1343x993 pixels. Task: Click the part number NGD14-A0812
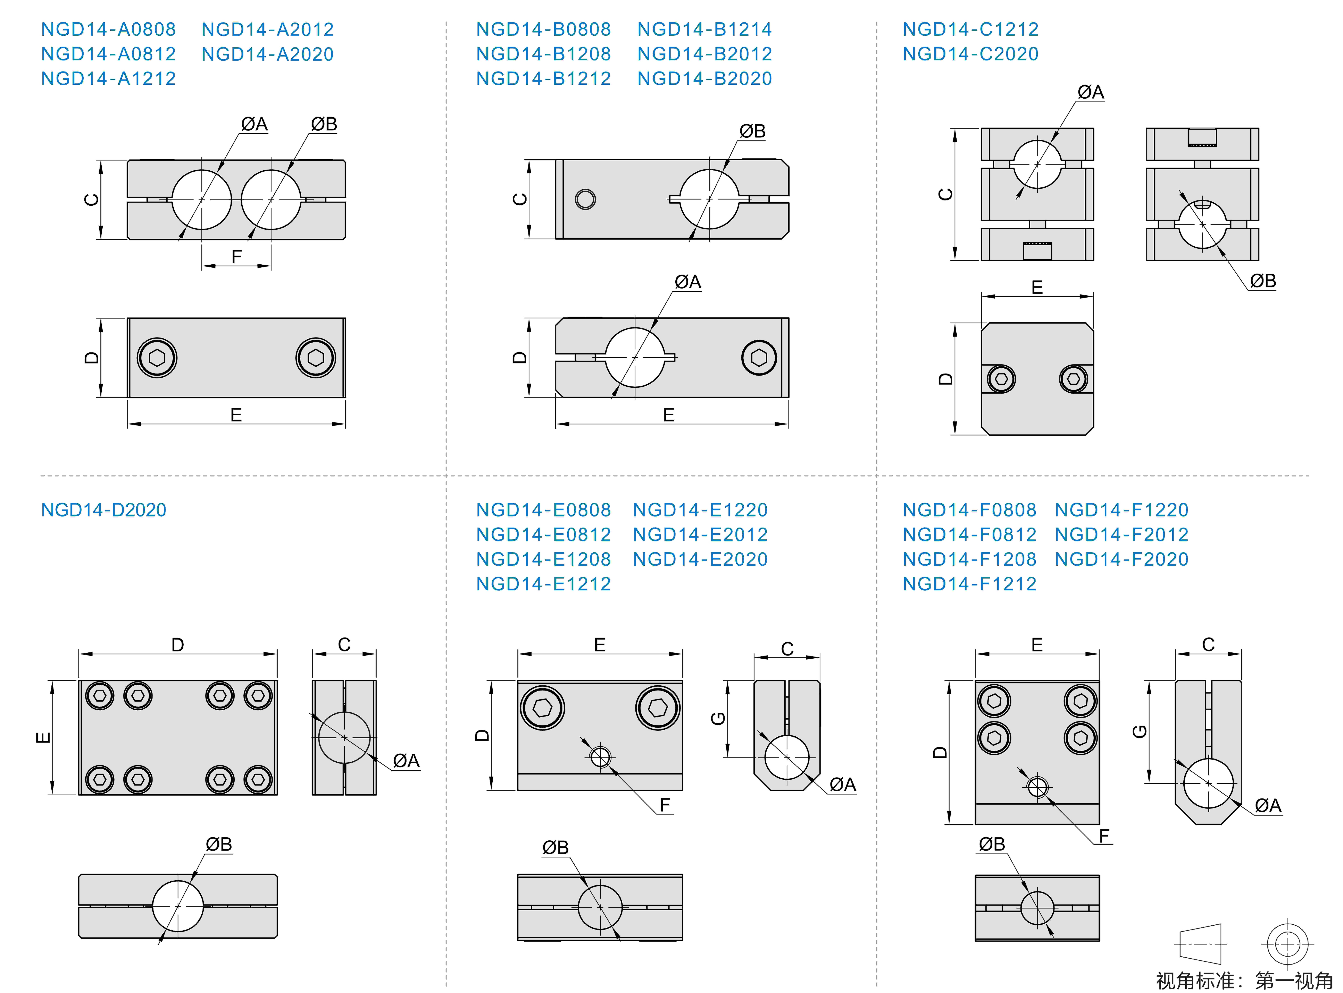(x=108, y=54)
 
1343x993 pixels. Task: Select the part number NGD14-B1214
(x=704, y=29)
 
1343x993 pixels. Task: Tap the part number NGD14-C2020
(x=970, y=54)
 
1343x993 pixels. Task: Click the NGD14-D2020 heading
(x=103, y=510)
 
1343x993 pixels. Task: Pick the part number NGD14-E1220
(x=700, y=510)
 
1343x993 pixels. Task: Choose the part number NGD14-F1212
(x=969, y=584)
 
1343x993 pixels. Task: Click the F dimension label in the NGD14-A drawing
(x=236, y=257)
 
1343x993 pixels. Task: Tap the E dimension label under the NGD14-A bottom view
(x=236, y=415)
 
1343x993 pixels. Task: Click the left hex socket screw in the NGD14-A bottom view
(x=157, y=358)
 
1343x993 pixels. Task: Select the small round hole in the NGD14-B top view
(x=585, y=199)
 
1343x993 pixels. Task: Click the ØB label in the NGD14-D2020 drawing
(x=218, y=845)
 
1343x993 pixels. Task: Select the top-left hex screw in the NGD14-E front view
(x=542, y=708)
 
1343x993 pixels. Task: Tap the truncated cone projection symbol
(x=1200, y=944)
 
